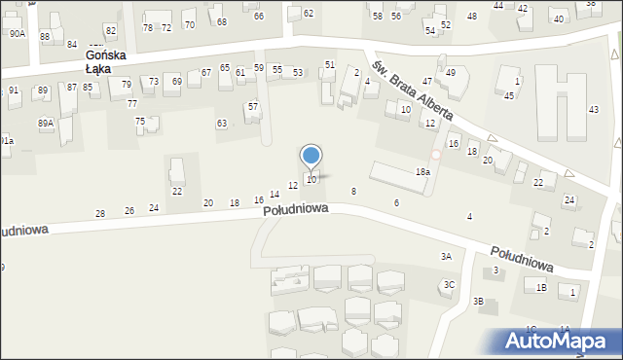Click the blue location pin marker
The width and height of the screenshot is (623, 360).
click(x=311, y=157)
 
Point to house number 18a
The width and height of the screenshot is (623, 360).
click(x=422, y=171)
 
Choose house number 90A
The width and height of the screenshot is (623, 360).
click(x=18, y=33)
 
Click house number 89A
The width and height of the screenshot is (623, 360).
click(x=46, y=123)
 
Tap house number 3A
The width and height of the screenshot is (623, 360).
click(x=446, y=256)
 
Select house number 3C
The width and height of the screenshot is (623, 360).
click(x=449, y=284)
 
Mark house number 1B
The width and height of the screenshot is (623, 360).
click(x=541, y=287)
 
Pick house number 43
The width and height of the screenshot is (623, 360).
click(x=594, y=110)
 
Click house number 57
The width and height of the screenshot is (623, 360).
click(x=253, y=106)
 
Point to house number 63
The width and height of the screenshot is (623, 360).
click(x=222, y=124)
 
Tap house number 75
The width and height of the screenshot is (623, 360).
click(x=140, y=121)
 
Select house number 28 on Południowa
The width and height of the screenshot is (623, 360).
click(x=99, y=213)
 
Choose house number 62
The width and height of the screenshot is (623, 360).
click(x=309, y=13)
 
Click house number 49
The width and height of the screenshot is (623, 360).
click(x=451, y=72)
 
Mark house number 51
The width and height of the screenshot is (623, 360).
click(x=330, y=64)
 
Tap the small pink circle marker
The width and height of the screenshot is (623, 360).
click(x=436, y=155)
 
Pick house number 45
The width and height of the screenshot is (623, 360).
click(x=509, y=95)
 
